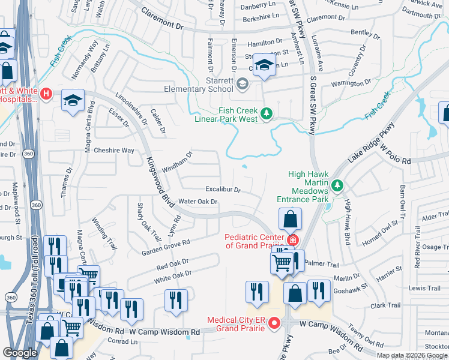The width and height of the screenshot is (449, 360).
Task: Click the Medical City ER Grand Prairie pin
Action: [x=274, y=323]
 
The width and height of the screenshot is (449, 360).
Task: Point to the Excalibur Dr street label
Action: [x=223, y=190]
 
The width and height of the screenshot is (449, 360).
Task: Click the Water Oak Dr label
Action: [x=197, y=202]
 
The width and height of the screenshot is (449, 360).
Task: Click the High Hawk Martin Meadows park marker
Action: [x=338, y=185]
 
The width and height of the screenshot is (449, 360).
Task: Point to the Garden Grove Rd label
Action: [x=166, y=247]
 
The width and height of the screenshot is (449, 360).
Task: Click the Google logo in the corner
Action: [x=20, y=353]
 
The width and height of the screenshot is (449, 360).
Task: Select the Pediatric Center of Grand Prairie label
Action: [x=256, y=241]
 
